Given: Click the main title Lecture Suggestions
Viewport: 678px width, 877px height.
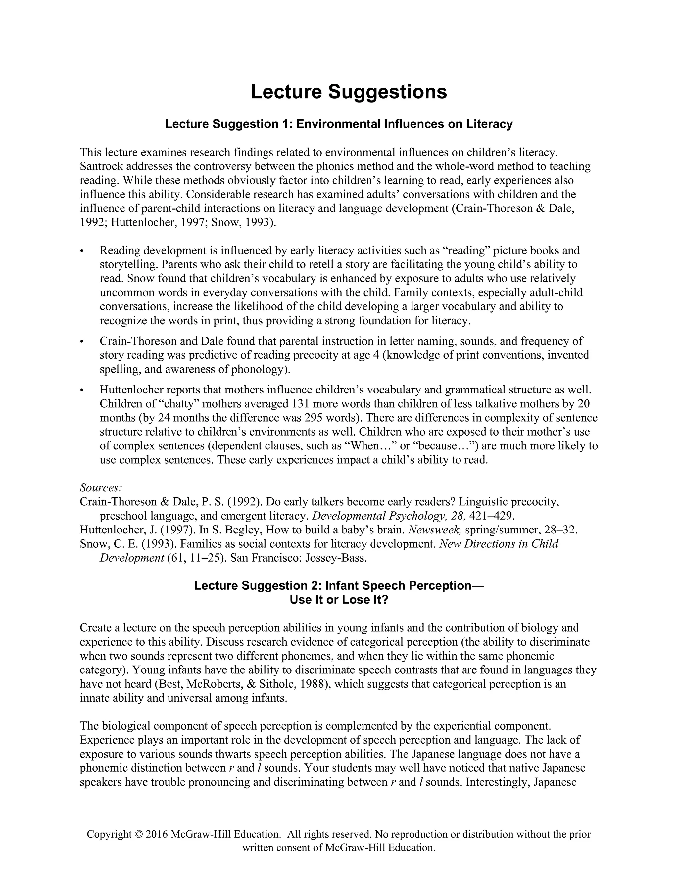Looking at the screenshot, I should [x=349, y=92].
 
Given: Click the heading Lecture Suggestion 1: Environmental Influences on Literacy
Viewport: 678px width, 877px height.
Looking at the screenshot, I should [x=339, y=124].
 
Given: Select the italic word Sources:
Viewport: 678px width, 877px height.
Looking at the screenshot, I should [x=101, y=487].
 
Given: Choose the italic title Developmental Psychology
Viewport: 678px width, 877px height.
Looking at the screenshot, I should [x=378, y=516].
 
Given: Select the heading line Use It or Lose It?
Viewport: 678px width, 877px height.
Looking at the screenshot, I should [x=339, y=600].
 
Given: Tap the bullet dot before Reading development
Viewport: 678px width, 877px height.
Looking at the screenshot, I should [x=82, y=251].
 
